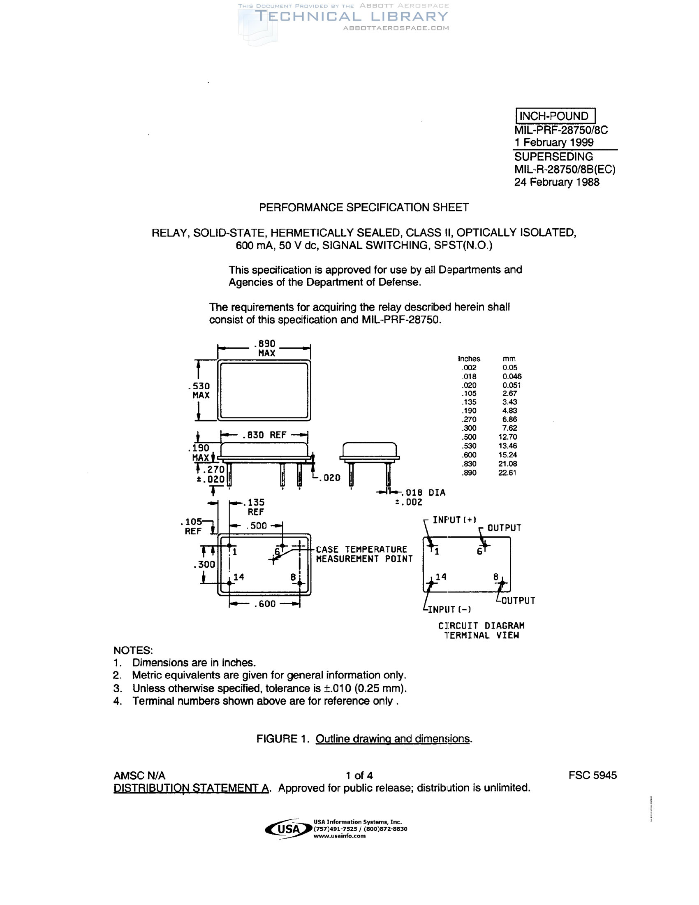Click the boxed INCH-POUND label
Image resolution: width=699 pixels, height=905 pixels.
pos(555,116)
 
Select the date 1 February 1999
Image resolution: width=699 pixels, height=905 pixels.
pos(554,143)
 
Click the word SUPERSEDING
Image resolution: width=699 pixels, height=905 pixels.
pos(554,157)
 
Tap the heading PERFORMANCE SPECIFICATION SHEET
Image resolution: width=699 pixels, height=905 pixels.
pos(363,207)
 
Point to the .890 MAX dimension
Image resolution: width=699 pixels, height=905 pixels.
pos(266,348)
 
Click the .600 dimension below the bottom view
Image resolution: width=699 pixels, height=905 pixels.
pos(265,604)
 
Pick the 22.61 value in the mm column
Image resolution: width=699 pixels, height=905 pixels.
pos(507,473)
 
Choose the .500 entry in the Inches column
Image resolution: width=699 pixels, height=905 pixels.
pos(469,437)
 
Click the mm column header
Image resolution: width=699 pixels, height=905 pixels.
pos(509,359)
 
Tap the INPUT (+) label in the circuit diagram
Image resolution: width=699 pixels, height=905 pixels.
pos(454,520)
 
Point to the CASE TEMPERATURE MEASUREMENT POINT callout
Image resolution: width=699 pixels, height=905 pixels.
pos(364,554)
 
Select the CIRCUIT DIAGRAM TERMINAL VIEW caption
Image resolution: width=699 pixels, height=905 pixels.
pos(481,630)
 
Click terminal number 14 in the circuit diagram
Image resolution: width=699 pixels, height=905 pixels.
pos(441,577)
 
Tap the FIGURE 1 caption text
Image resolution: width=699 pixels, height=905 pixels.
pos(364,739)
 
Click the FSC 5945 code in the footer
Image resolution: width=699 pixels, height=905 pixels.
pos(593,775)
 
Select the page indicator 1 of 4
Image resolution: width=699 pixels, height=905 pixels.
pos(359,775)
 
